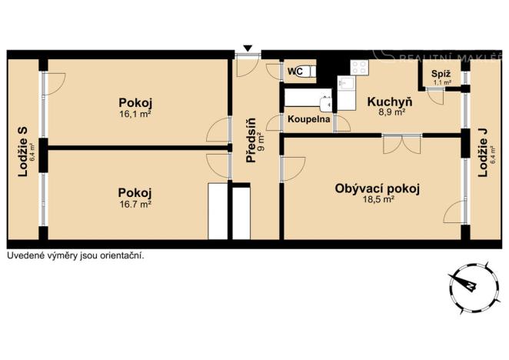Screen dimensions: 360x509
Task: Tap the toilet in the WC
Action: point(303,72)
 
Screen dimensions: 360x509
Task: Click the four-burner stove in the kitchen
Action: point(358,68)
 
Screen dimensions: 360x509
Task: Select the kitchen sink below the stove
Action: point(344,84)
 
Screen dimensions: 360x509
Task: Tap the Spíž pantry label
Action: point(441,74)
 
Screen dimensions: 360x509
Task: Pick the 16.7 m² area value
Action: point(135,204)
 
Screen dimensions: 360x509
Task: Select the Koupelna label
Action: point(309,121)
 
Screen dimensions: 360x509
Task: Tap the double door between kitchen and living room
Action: point(401,142)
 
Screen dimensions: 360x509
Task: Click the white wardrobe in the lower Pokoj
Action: point(219,212)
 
